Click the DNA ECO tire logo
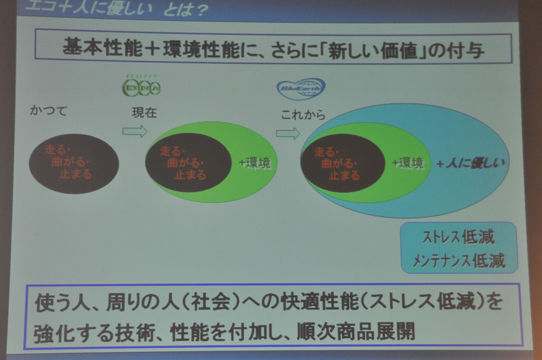click(141, 86)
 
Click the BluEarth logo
click(301, 88)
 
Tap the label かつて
click(48, 111)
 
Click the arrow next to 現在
click(134, 131)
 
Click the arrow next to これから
click(288, 133)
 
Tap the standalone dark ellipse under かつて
click(73, 163)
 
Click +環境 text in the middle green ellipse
click(255, 163)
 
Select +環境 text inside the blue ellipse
click(408, 163)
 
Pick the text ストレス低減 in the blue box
click(459, 237)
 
